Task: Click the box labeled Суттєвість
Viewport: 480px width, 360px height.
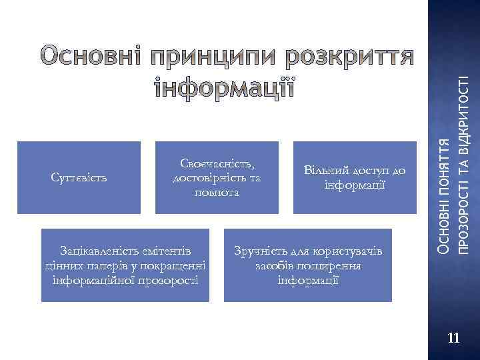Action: [79, 177]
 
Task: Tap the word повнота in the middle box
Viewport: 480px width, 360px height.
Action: [217, 191]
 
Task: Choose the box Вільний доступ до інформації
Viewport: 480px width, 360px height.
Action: [354, 177]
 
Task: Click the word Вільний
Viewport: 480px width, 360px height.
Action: [323, 171]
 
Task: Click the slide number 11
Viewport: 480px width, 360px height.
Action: [453, 339]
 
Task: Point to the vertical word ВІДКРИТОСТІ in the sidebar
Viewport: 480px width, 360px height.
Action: [466, 110]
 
